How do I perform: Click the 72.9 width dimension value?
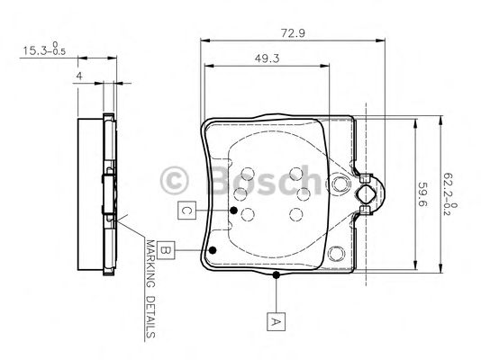click(x=289, y=32)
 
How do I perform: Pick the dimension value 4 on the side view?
click(x=80, y=76)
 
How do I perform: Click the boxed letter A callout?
click(x=276, y=317)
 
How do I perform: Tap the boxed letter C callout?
click(x=184, y=211)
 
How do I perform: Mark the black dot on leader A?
click(x=276, y=274)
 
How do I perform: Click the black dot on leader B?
click(x=213, y=251)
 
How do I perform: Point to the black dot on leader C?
click(x=232, y=211)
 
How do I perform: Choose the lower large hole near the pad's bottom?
click(x=339, y=255)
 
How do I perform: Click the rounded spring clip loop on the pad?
click(x=372, y=192)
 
